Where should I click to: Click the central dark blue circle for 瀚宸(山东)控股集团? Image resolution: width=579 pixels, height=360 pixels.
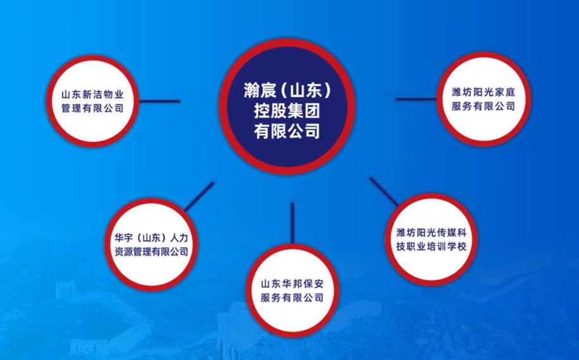(x=287, y=106)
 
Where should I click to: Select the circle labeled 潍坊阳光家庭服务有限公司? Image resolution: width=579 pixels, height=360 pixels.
(x=484, y=99)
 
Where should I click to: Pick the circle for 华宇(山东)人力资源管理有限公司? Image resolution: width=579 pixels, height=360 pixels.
(x=152, y=244)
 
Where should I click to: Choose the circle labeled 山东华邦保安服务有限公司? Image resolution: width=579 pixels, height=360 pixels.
(x=292, y=291)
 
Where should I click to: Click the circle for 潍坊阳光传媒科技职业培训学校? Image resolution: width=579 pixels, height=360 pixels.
(x=431, y=240)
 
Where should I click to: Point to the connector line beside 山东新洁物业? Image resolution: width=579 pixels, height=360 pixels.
(x=159, y=101)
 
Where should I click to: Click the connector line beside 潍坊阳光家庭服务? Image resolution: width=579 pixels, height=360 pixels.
(x=416, y=99)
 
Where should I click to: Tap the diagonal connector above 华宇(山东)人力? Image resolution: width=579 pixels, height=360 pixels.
(x=199, y=196)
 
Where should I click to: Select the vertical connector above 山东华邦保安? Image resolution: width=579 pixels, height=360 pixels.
(x=293, y=223)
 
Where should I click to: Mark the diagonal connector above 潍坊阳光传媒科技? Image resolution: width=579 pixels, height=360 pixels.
(x=384, y=192)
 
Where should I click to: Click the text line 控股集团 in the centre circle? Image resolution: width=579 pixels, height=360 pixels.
(x=287, y=111)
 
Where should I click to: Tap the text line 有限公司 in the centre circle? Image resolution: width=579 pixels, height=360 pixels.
(x=287, y=131)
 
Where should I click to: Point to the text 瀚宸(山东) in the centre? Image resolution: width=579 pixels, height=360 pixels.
(x=287, y=90)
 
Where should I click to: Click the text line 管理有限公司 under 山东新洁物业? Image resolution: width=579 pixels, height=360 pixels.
(x=93, y=109)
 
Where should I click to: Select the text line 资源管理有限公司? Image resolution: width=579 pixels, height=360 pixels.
(x=152, y=252)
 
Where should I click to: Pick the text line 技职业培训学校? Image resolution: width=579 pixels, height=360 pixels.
(x=431, y=246)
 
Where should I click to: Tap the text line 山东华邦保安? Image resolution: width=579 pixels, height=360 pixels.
(x=292, y=284)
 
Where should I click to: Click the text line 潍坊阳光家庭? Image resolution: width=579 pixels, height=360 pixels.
(x=484, y=92)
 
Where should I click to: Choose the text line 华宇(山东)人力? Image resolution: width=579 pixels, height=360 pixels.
(x=152, y=238)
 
